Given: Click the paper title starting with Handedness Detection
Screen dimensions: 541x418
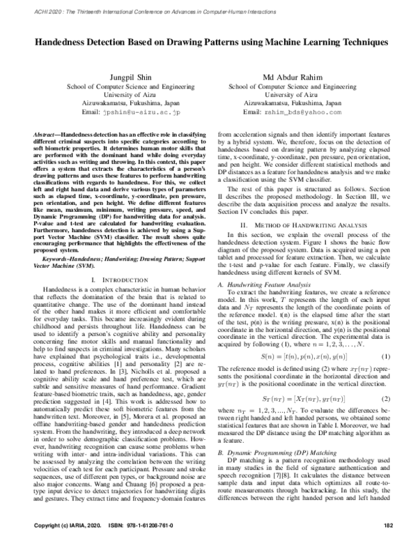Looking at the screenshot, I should [x=209, y=42].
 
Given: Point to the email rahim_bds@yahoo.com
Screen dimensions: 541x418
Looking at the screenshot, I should [x=288, y=112].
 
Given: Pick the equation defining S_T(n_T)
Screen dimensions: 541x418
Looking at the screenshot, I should [x=296, y=398].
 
